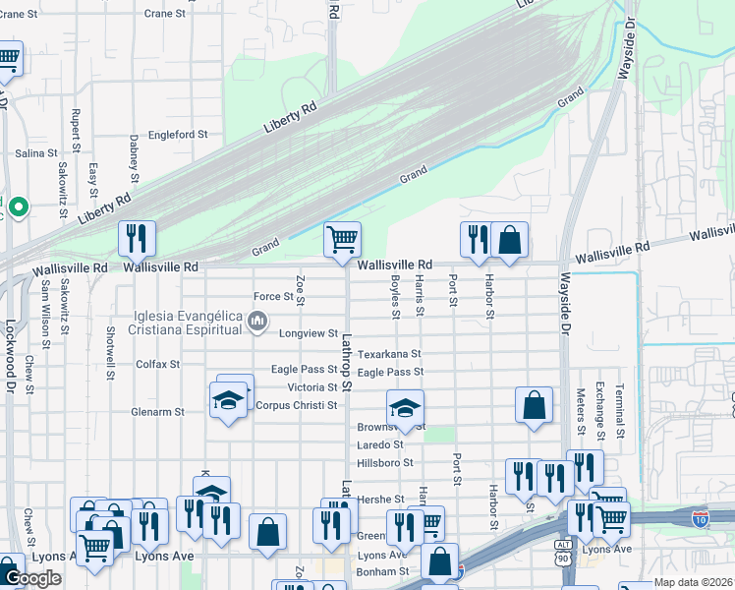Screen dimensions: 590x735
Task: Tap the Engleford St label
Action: [178, 135]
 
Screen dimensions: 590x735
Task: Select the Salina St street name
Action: [36, 153]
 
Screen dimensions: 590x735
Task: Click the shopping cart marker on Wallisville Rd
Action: [342, 239]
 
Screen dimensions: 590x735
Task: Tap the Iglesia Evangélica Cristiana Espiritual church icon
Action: [257, 320]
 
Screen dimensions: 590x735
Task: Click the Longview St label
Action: [311, 333]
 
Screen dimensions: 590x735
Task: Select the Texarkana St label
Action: [389, 353]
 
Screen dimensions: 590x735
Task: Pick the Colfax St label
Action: [157, 364]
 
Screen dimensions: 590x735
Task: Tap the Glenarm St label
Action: [157, 412]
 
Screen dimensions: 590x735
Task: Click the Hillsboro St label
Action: [385, 462]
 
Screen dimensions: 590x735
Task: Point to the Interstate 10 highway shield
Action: [701, 516]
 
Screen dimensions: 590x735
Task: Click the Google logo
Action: [32, 578]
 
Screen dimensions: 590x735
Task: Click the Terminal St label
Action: [619, 410]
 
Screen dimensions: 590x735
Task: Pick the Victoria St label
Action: [312, 387]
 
